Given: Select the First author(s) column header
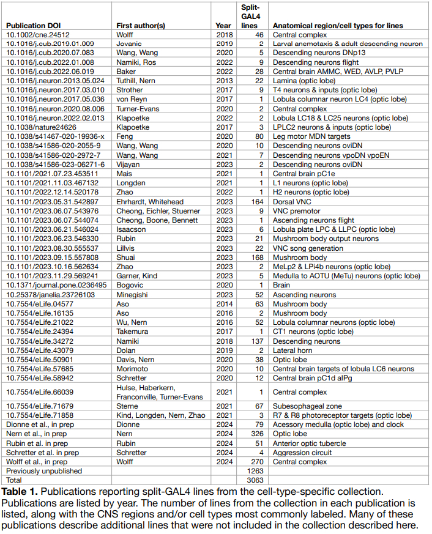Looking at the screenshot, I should tap(140, 26).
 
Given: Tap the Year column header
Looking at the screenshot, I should tap(223, 26).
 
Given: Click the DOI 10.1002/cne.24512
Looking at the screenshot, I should tap(37, 35).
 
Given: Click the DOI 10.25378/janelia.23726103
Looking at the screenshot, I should tap(50, 294).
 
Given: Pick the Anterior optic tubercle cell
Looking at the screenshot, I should tap(309, 443).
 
